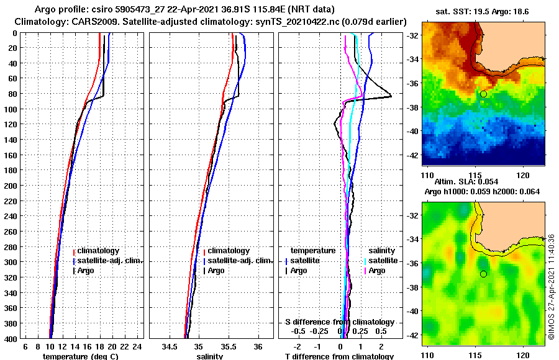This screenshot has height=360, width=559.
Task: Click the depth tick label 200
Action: (x=11, y=186)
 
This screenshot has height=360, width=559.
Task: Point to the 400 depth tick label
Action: (x=11, y=338)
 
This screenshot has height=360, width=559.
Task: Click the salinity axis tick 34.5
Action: (x=170, y=346)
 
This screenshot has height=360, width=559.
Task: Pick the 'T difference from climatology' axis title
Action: (x=339, y=356)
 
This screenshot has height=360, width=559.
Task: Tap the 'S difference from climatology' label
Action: (x=339, y=322)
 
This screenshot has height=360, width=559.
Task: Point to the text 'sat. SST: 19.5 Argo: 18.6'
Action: (x=484, y=12)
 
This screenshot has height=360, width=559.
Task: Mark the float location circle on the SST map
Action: (x=483, y=94)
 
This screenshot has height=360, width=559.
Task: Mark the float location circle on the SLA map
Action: (x=483, y=274)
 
